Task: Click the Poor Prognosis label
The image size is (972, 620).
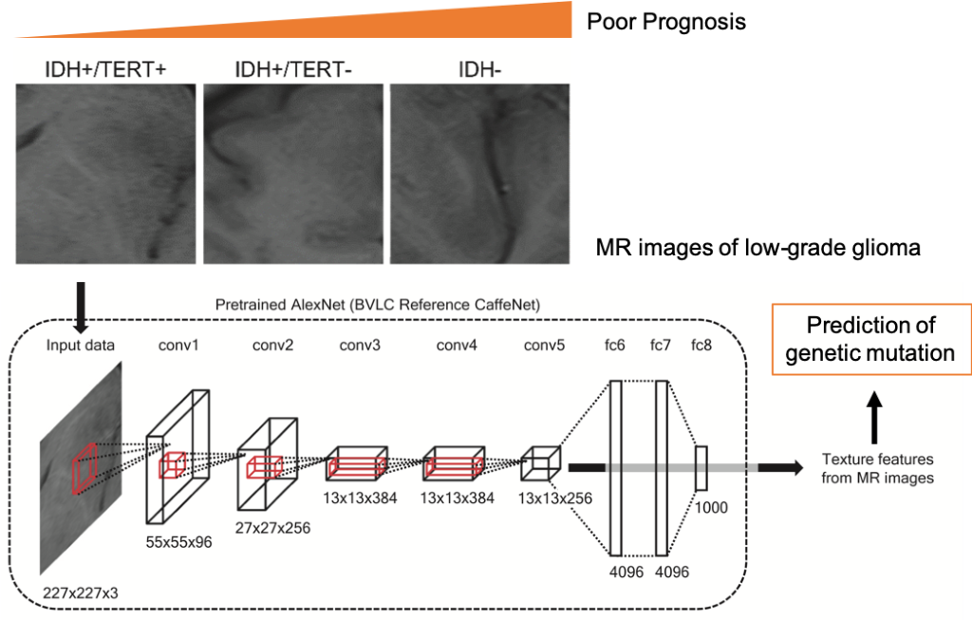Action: pyautogui.click(x=666, y=22)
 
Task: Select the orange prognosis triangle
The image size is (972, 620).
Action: pyautogui.click(x=427, y=24)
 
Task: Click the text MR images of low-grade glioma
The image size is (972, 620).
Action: pyautogui.click(x=757, y=250)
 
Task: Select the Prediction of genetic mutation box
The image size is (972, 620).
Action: pyautogui.click(x=871, y=340)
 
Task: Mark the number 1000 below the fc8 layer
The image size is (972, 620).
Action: pyautogui.click(x=711, y=508)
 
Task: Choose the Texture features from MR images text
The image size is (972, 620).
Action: pyautogui.click(x=877, y=469)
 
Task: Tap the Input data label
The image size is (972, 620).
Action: pyautogui.click(x=81, y=346)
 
